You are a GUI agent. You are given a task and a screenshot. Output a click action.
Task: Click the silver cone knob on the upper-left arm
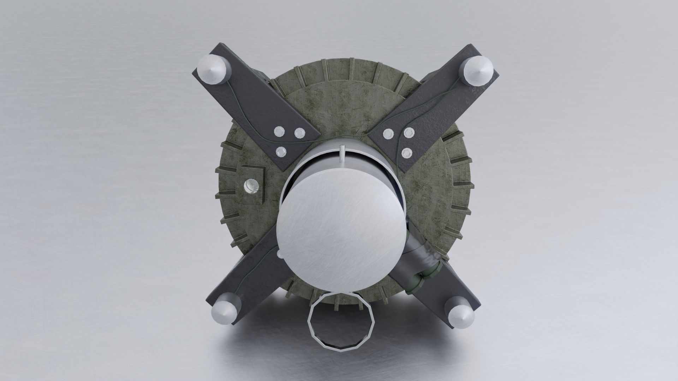pyautogui.click(x=212, y=71)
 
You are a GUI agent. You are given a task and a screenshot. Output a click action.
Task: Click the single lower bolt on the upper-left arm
pyautogui.click(x=281, y=152)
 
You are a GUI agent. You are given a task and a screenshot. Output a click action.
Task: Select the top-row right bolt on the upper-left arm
pyautogui.click(x=299, y=133)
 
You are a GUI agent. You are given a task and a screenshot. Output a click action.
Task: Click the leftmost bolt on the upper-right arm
pyautogui.click(x=388, y=133)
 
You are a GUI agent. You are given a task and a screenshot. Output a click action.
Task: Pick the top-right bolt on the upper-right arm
pyautogui.click(x=409, y=133)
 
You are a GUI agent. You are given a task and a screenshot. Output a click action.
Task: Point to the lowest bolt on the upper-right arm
pyautogui.click(x=407, y=152)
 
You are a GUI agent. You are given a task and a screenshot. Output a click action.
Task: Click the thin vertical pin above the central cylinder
pyautogui.click(x=341, y=154)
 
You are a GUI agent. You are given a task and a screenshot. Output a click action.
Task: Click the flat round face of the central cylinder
pyautogui.click(x=339, y=229)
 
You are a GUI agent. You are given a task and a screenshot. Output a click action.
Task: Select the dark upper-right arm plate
pyautogui.click(x=438, y=106)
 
